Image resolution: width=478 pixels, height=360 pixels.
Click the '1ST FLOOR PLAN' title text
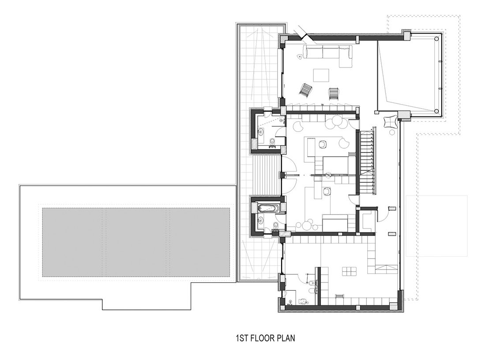click(265, 338)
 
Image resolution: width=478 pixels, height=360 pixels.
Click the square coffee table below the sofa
click(321, 75)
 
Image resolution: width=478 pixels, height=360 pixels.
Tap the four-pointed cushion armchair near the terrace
click(390, 122)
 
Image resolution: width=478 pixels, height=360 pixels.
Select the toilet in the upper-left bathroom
click(272, 142)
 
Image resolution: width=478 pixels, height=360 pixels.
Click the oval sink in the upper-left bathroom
click(261, 132)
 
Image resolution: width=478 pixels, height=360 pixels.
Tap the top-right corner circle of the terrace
click(438, 39)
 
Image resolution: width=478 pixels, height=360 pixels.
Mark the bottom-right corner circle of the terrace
click(437, 111)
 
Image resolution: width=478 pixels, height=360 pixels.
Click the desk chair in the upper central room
click(323, 144)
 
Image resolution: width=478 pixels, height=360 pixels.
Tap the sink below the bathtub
click(261, 219)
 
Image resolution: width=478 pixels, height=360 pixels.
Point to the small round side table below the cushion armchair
click(391, 132)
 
